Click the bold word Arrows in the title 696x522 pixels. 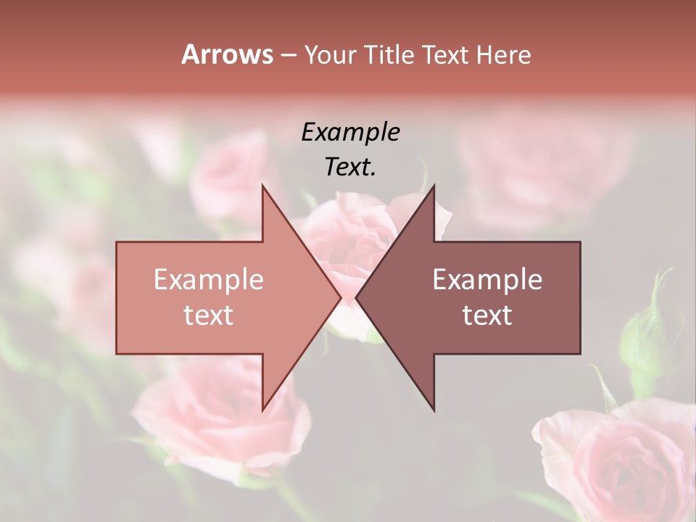[227, 55]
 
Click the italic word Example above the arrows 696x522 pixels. [350, 133]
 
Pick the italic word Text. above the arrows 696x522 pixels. [350, 167]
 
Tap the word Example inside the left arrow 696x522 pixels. [208, 280]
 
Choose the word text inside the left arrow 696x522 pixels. [208, 315]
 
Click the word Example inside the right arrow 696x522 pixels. [487, 280]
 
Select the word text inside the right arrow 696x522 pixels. [487, 315]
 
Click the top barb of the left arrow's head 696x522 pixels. [265, 190]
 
